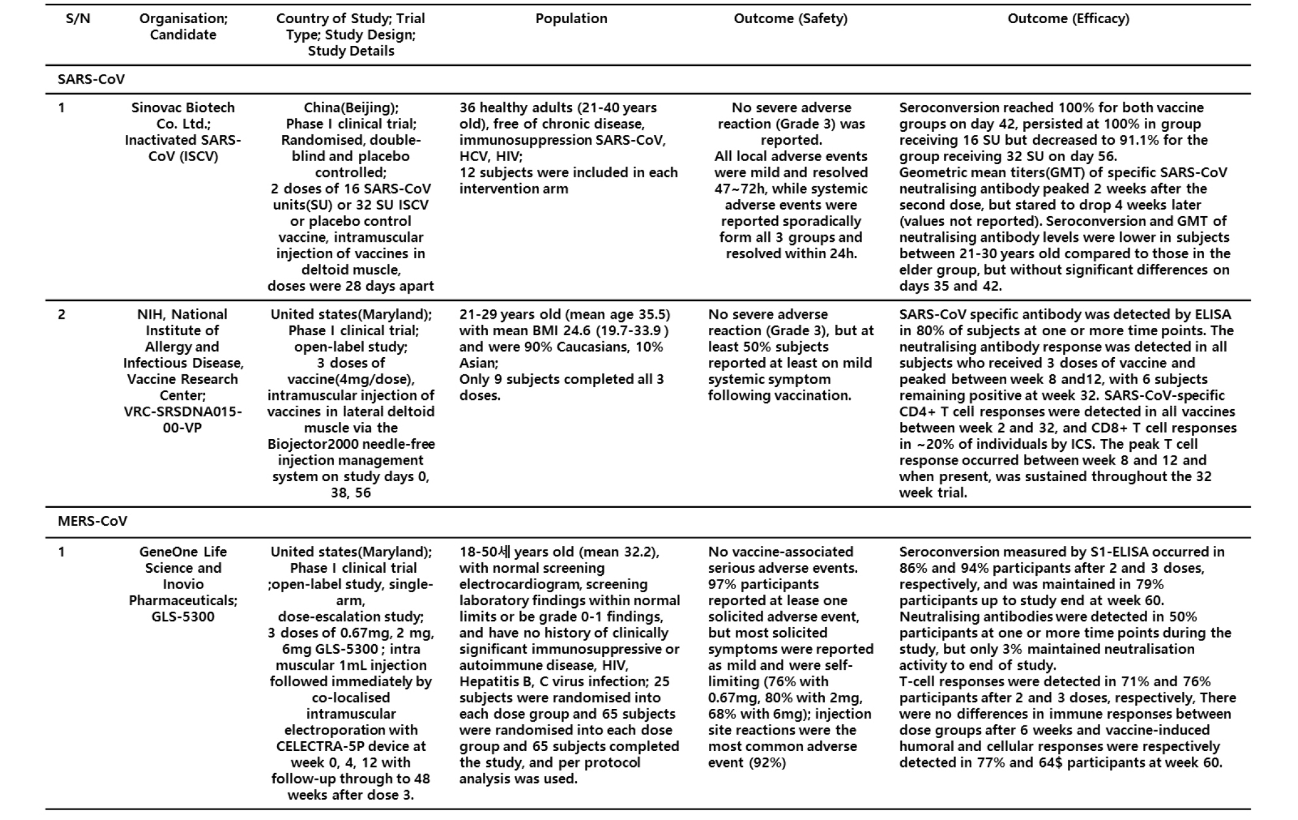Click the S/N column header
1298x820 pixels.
tap(78, 19)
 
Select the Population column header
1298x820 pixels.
tap(571, 19)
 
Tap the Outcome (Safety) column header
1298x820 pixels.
tap(790, 19)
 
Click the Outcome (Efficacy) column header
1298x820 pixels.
tap(1068, 19)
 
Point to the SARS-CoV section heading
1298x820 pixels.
tap(91, 79)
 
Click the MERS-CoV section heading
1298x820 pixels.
tap(92, 521)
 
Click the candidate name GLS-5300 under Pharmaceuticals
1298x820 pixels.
tap(183, 617)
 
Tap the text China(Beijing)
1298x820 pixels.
tap(351, 108)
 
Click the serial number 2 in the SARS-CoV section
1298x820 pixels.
tap(61, 315)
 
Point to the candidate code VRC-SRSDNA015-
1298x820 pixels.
tap(183, 412)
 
